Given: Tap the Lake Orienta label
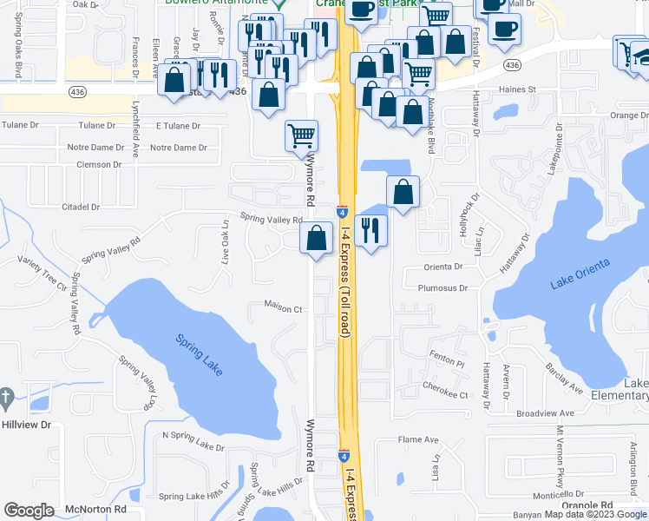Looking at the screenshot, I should (x=580, y=273).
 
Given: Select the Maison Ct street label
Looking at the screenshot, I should (x=283, y=308).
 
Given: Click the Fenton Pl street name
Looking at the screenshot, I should (x=448, y=354).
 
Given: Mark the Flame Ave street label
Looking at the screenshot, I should (x=418, y=439).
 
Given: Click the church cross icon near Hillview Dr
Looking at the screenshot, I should (x=7, y=399).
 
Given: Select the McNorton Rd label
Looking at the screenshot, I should (x=95, y=510).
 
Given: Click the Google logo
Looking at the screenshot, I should (x=29, y=511).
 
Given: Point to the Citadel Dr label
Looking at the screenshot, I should (x=82, y=207).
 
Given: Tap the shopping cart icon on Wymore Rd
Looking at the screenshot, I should (x=301, y=134).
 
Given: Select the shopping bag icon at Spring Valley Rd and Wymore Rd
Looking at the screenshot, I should (x=317, y=237).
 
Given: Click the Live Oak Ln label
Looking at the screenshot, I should (x=225, y=241).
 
